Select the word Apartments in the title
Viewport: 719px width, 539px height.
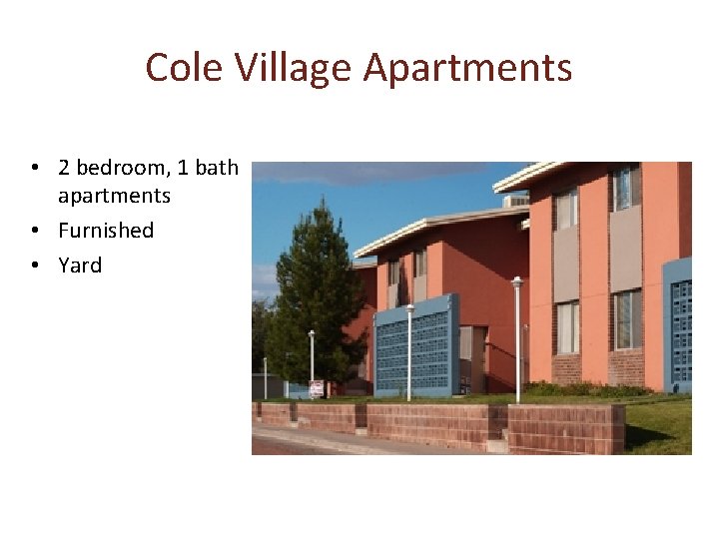[467, 68]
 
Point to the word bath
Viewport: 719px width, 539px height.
[216, 168]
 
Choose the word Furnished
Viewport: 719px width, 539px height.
[106, 231]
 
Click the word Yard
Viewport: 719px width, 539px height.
[80, 266]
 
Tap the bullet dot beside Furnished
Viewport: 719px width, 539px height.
[33, 232]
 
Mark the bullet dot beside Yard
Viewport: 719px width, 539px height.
[33, 267]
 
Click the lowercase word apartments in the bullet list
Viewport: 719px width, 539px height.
[114, 196]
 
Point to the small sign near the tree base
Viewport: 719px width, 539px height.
[316, 388]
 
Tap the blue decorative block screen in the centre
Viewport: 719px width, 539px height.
[416, 345]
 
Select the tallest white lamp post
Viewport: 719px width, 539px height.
[516, 339]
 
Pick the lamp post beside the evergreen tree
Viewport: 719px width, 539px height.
[312, 359]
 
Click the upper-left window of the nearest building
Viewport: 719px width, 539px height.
[566, 210]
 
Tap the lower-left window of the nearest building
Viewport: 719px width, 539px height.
[567, 326]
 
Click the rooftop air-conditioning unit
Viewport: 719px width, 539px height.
[515, 201]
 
